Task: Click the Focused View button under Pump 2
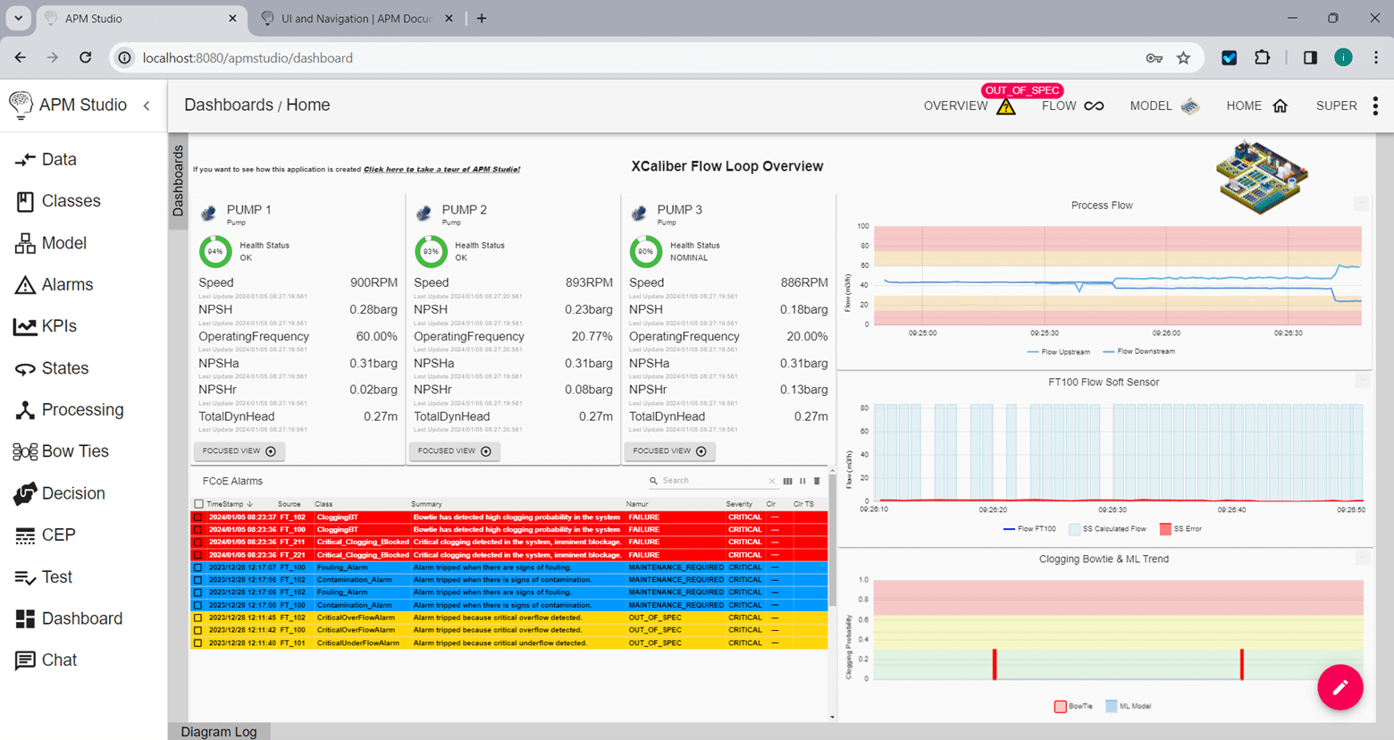tap(455, 451)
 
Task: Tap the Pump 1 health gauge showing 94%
tap(215, 252)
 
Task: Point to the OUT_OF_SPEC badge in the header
tap(1021, 90)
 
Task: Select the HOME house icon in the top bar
tap(1280, 105)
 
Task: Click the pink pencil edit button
tap(1339, 687)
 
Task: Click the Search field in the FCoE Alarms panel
tap(711, 481)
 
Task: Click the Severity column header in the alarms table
tap(738, 504)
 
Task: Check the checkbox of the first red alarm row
tap(198, 517)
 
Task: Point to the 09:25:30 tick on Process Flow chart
tap(1044, 332)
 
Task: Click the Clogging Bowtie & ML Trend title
tap(1104, 559)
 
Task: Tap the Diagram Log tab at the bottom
tap(219, 731)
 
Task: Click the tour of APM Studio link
tap(441, 169)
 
